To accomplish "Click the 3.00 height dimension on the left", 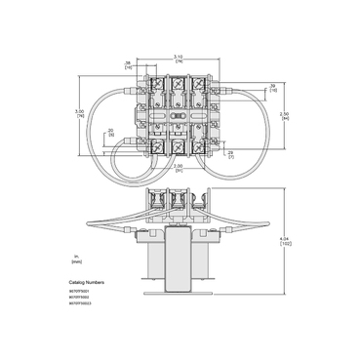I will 81,113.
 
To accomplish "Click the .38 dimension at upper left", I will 130,67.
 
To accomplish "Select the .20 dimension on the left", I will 112,132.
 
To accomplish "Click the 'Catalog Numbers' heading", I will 88,282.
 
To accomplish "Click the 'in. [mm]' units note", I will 77,260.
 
